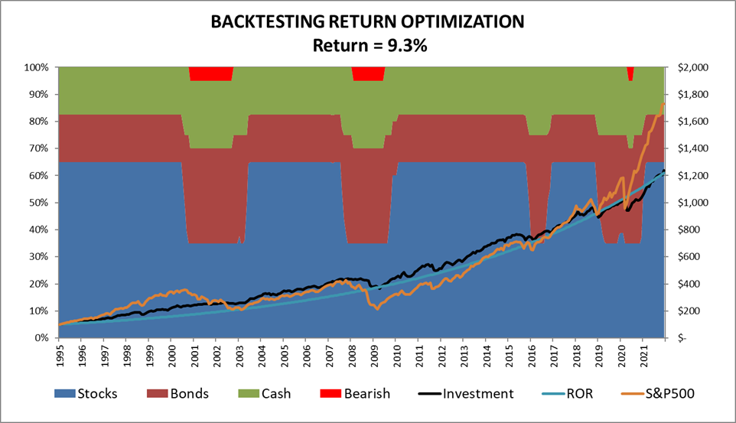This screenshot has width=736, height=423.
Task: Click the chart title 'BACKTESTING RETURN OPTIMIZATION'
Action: (x=367, y=22)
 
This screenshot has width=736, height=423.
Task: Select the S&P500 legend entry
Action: (x=654, y=393)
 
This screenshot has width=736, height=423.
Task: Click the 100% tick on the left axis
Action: (x=37, y=67)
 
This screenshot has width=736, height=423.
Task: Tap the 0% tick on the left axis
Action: (x=42, y=338)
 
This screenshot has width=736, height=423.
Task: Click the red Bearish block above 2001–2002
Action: (x=211, y=73)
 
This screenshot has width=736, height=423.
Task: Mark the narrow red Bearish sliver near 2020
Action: (x=630, y=73)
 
